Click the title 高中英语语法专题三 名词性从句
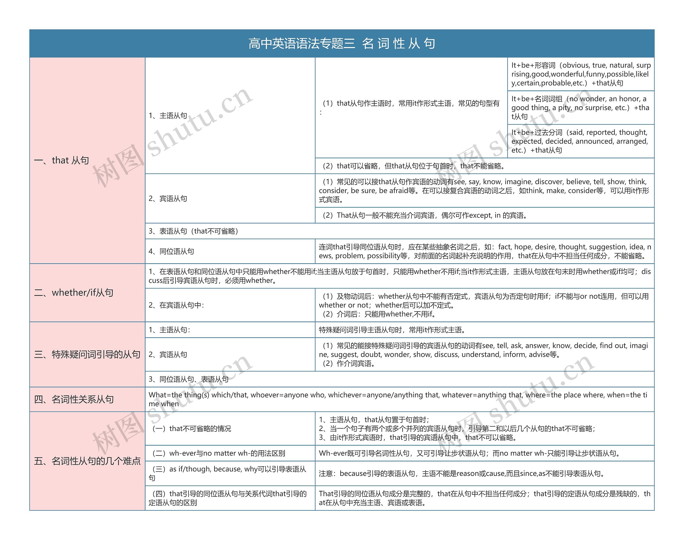(342, 44)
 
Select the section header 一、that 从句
(62, 160)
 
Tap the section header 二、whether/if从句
(74, 293)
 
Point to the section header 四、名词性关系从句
(74, 399)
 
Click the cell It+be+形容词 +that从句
(580, 74)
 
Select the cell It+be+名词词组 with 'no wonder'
(580, 107)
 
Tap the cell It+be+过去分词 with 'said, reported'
(580, 141)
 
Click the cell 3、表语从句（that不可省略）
(193, 231)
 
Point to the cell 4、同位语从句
(171, 251)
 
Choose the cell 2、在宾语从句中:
(176, 305)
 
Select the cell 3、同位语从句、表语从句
(189, 379)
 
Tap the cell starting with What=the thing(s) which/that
(399, 399)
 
